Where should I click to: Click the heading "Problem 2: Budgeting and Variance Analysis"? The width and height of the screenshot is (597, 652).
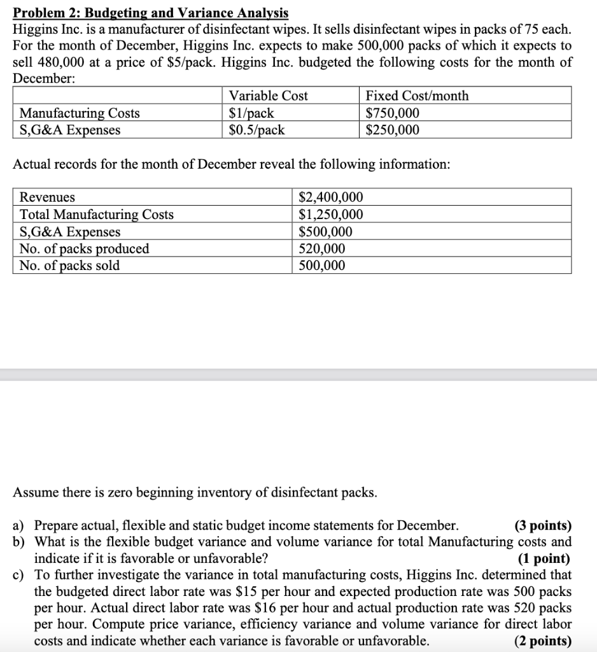(151, 13)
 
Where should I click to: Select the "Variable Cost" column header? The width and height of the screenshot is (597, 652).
(268, 96)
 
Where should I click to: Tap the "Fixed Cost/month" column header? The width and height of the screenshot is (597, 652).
(417, 96)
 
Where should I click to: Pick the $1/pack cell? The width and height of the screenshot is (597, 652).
(251, 113)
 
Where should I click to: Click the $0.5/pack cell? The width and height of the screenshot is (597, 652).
(256, 130)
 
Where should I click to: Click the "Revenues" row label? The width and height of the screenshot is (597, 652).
(47, 197)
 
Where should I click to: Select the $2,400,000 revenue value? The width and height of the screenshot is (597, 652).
(331, 197)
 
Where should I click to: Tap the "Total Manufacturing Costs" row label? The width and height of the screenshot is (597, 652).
(97, 215)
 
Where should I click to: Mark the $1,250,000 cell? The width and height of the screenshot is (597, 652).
(331, 215)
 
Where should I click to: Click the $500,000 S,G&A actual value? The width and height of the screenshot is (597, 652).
(325, 232)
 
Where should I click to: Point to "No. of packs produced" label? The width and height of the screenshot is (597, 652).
(85, 248)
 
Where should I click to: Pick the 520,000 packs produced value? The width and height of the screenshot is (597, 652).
(322, 248)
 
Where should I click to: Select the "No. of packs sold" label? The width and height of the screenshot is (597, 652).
(70, 266)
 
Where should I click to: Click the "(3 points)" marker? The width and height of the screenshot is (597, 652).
(542, 526)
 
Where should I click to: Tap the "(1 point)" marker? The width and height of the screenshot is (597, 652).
(544, 559)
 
